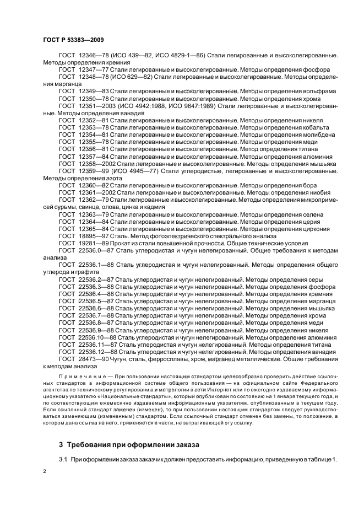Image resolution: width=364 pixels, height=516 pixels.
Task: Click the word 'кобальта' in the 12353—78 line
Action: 317,127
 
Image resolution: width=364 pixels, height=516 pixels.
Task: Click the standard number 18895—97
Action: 94,236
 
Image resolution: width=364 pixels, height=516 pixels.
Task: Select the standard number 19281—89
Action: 94,243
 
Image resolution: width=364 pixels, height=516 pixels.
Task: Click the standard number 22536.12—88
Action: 98,351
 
